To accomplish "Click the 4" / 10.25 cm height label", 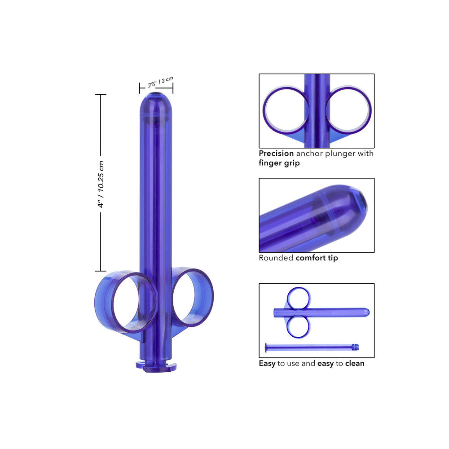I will coord(101,183).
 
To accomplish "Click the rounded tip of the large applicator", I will coord(155,101).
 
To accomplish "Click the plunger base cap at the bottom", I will coord(156,366).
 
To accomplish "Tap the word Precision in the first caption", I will coord(276,154).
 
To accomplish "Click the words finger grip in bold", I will coord(279,163).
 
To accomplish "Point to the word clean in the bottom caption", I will coord(354,363).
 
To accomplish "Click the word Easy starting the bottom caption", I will coord(267,363).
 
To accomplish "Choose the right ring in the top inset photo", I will coord(349,110).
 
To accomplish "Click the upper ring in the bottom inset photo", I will coord(299,298).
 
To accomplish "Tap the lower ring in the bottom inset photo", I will coord(298,326).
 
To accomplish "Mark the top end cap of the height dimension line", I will coord(101,95).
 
